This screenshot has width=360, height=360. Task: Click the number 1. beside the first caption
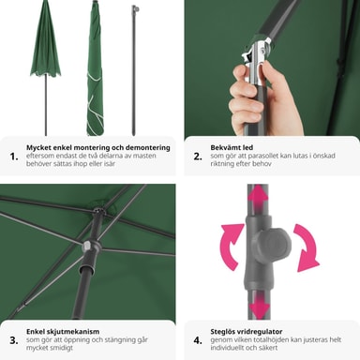tap(14, 157)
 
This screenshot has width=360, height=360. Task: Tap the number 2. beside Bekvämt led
tap(198, 157)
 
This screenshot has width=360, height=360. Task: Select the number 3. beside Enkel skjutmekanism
tap(14, 340)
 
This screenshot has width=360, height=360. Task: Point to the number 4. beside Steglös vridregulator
tap(198, 340)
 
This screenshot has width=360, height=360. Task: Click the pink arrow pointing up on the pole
tap(258, 196)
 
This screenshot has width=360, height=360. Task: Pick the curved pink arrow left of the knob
tap(231, 247)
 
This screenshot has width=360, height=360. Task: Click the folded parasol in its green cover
tap(95, 68)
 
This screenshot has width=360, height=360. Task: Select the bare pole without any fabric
tap(134, 70)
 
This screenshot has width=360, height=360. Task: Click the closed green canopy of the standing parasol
tap(46, 39)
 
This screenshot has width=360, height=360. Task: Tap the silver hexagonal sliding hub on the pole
tap(91, 246)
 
